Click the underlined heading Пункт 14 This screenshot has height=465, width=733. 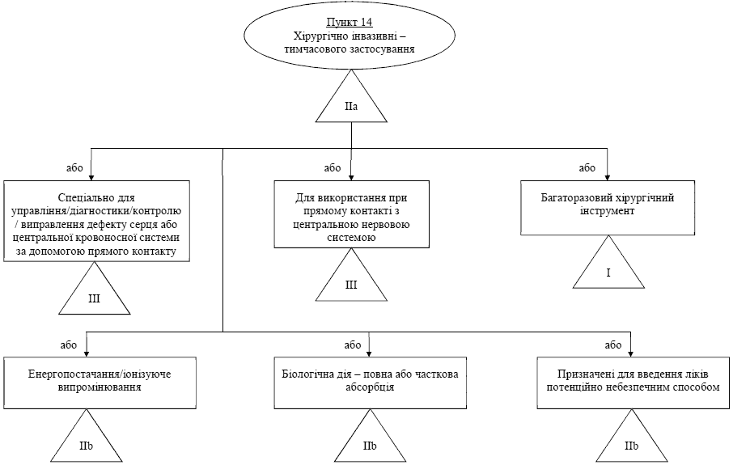click(350, 23)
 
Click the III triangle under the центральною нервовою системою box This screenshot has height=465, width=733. click(351, 275)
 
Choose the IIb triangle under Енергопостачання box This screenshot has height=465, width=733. click(87, 436)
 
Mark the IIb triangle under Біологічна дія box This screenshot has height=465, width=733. click(370, 436)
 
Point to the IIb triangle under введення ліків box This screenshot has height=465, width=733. click(632, 436)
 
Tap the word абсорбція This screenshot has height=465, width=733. click(370, 387)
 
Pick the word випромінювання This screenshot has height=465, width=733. click(100, 387)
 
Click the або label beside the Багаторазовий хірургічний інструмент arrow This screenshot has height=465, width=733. click(587, 167)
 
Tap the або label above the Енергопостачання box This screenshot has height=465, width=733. click(69, 345)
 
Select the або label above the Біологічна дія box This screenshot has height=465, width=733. click(353, 345)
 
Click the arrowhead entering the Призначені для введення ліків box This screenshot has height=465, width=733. click(631, 353)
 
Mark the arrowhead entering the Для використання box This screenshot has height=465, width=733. click(351, 177)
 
